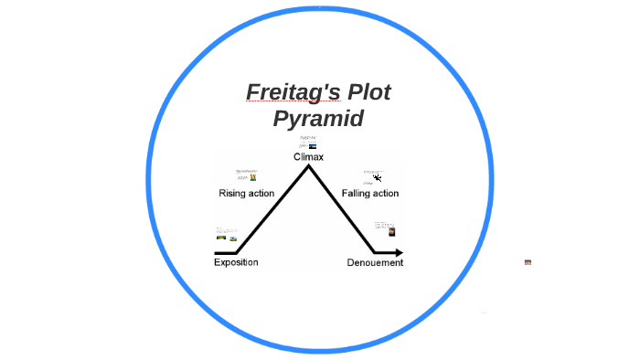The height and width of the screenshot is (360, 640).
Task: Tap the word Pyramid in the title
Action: (x=318, y=119)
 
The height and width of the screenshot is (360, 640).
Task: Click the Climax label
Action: (x=308, y=157)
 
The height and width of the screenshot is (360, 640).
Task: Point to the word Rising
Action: (x=234, y=194)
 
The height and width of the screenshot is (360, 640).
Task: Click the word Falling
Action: (x=357, y=194)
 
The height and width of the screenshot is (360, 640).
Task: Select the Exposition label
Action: (x=236, y=262)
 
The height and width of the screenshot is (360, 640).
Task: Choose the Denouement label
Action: (x=375, y=263)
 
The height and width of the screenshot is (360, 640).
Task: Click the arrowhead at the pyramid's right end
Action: (x=399, y=252)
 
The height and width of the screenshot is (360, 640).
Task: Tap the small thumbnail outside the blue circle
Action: (x=528, y=262)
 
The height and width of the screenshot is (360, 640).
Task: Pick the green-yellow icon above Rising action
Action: (x=252, y=177)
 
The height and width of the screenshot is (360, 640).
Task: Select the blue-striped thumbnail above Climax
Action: (x=313, y=146)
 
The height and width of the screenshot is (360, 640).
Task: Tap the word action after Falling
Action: (x=385, y=194)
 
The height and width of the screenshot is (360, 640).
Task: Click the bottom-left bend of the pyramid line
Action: (x=237, y=252)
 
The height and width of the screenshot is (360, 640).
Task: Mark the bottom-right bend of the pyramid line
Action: (x=375, y=252)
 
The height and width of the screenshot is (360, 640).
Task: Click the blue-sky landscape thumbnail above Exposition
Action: (x=220, y=238)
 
